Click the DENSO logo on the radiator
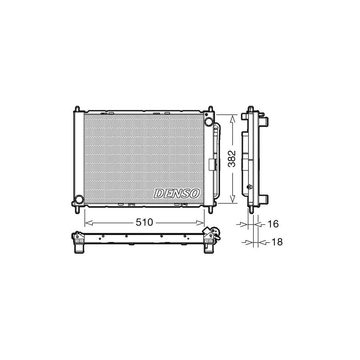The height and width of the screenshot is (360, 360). pyautogui.click(x=177, y=193)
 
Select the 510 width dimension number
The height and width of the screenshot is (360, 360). pyautogui.click(x=144, y=222)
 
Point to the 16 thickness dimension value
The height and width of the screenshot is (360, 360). pyautogui.click(x=272, y=224)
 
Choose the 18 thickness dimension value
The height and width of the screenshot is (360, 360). pyautogui.click(x=276, y=242)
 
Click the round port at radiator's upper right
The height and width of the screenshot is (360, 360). pyautogui.click(x=208, y=122)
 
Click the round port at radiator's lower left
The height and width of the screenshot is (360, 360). pyautogui.click(x=79, y=199)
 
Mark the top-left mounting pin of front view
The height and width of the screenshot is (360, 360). pyautogui.click(x=77, y=109)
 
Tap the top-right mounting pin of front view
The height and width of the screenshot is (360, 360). pyautogui.click(x=210, y=109)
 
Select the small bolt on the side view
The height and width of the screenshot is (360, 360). pyautogui.click(x=250, y=187)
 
